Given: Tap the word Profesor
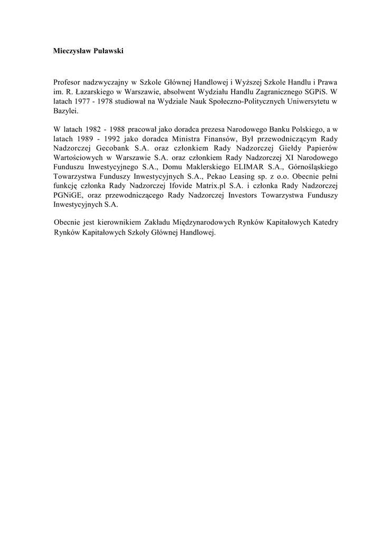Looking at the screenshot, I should pyautogui.click(x=68, y=82).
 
